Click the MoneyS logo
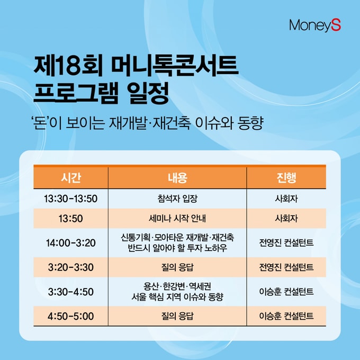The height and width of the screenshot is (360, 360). point(315,25)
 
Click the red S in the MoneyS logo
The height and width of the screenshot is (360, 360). point(336,25)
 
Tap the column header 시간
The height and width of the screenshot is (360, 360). point(71,178)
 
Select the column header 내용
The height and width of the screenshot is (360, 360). point(177,178)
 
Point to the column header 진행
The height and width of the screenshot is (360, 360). point(286,178)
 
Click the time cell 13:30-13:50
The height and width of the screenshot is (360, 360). point(71,199)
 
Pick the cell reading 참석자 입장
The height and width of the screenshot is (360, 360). point(177,199)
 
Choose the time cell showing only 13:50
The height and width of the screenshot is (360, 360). point(71,218)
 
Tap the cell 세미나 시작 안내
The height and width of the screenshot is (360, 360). point(177,218)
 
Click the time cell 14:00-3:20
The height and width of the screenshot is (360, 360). point(71,243)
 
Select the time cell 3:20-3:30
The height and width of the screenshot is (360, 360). point(71,267)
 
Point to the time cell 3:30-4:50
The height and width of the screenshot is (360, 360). point(71,292)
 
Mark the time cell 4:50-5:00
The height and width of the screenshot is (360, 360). point(71,317)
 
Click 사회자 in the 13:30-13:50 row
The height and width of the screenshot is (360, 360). point(286,199)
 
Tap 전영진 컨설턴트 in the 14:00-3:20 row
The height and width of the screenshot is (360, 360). point(286,242)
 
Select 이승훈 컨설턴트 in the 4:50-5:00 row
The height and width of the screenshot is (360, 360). point(286,316)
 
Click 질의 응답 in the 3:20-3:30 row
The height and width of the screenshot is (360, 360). point(177,267)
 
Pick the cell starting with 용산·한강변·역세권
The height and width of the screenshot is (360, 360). point(177,292)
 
